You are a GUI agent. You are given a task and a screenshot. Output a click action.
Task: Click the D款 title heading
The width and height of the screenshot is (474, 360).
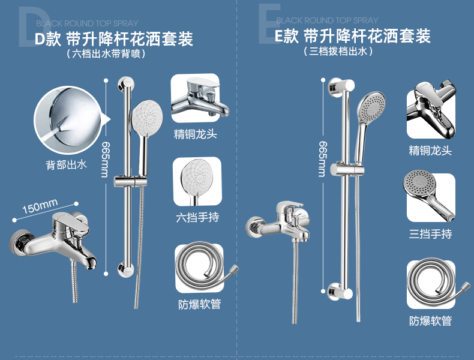point(113,40)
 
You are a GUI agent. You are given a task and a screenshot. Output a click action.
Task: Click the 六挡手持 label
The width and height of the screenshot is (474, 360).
point(196,217)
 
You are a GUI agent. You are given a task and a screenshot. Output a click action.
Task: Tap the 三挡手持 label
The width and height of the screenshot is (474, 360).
point(430,233)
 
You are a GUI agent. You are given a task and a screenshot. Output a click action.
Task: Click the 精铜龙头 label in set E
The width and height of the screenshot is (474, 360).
point(430,150)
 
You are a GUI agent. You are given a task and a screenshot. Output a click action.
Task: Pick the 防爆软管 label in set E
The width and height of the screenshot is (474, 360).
point(430,320)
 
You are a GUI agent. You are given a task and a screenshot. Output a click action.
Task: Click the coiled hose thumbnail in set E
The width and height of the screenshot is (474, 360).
point(431,284)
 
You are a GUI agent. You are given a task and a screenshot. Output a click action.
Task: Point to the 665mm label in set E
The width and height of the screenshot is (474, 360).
point(322,158)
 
